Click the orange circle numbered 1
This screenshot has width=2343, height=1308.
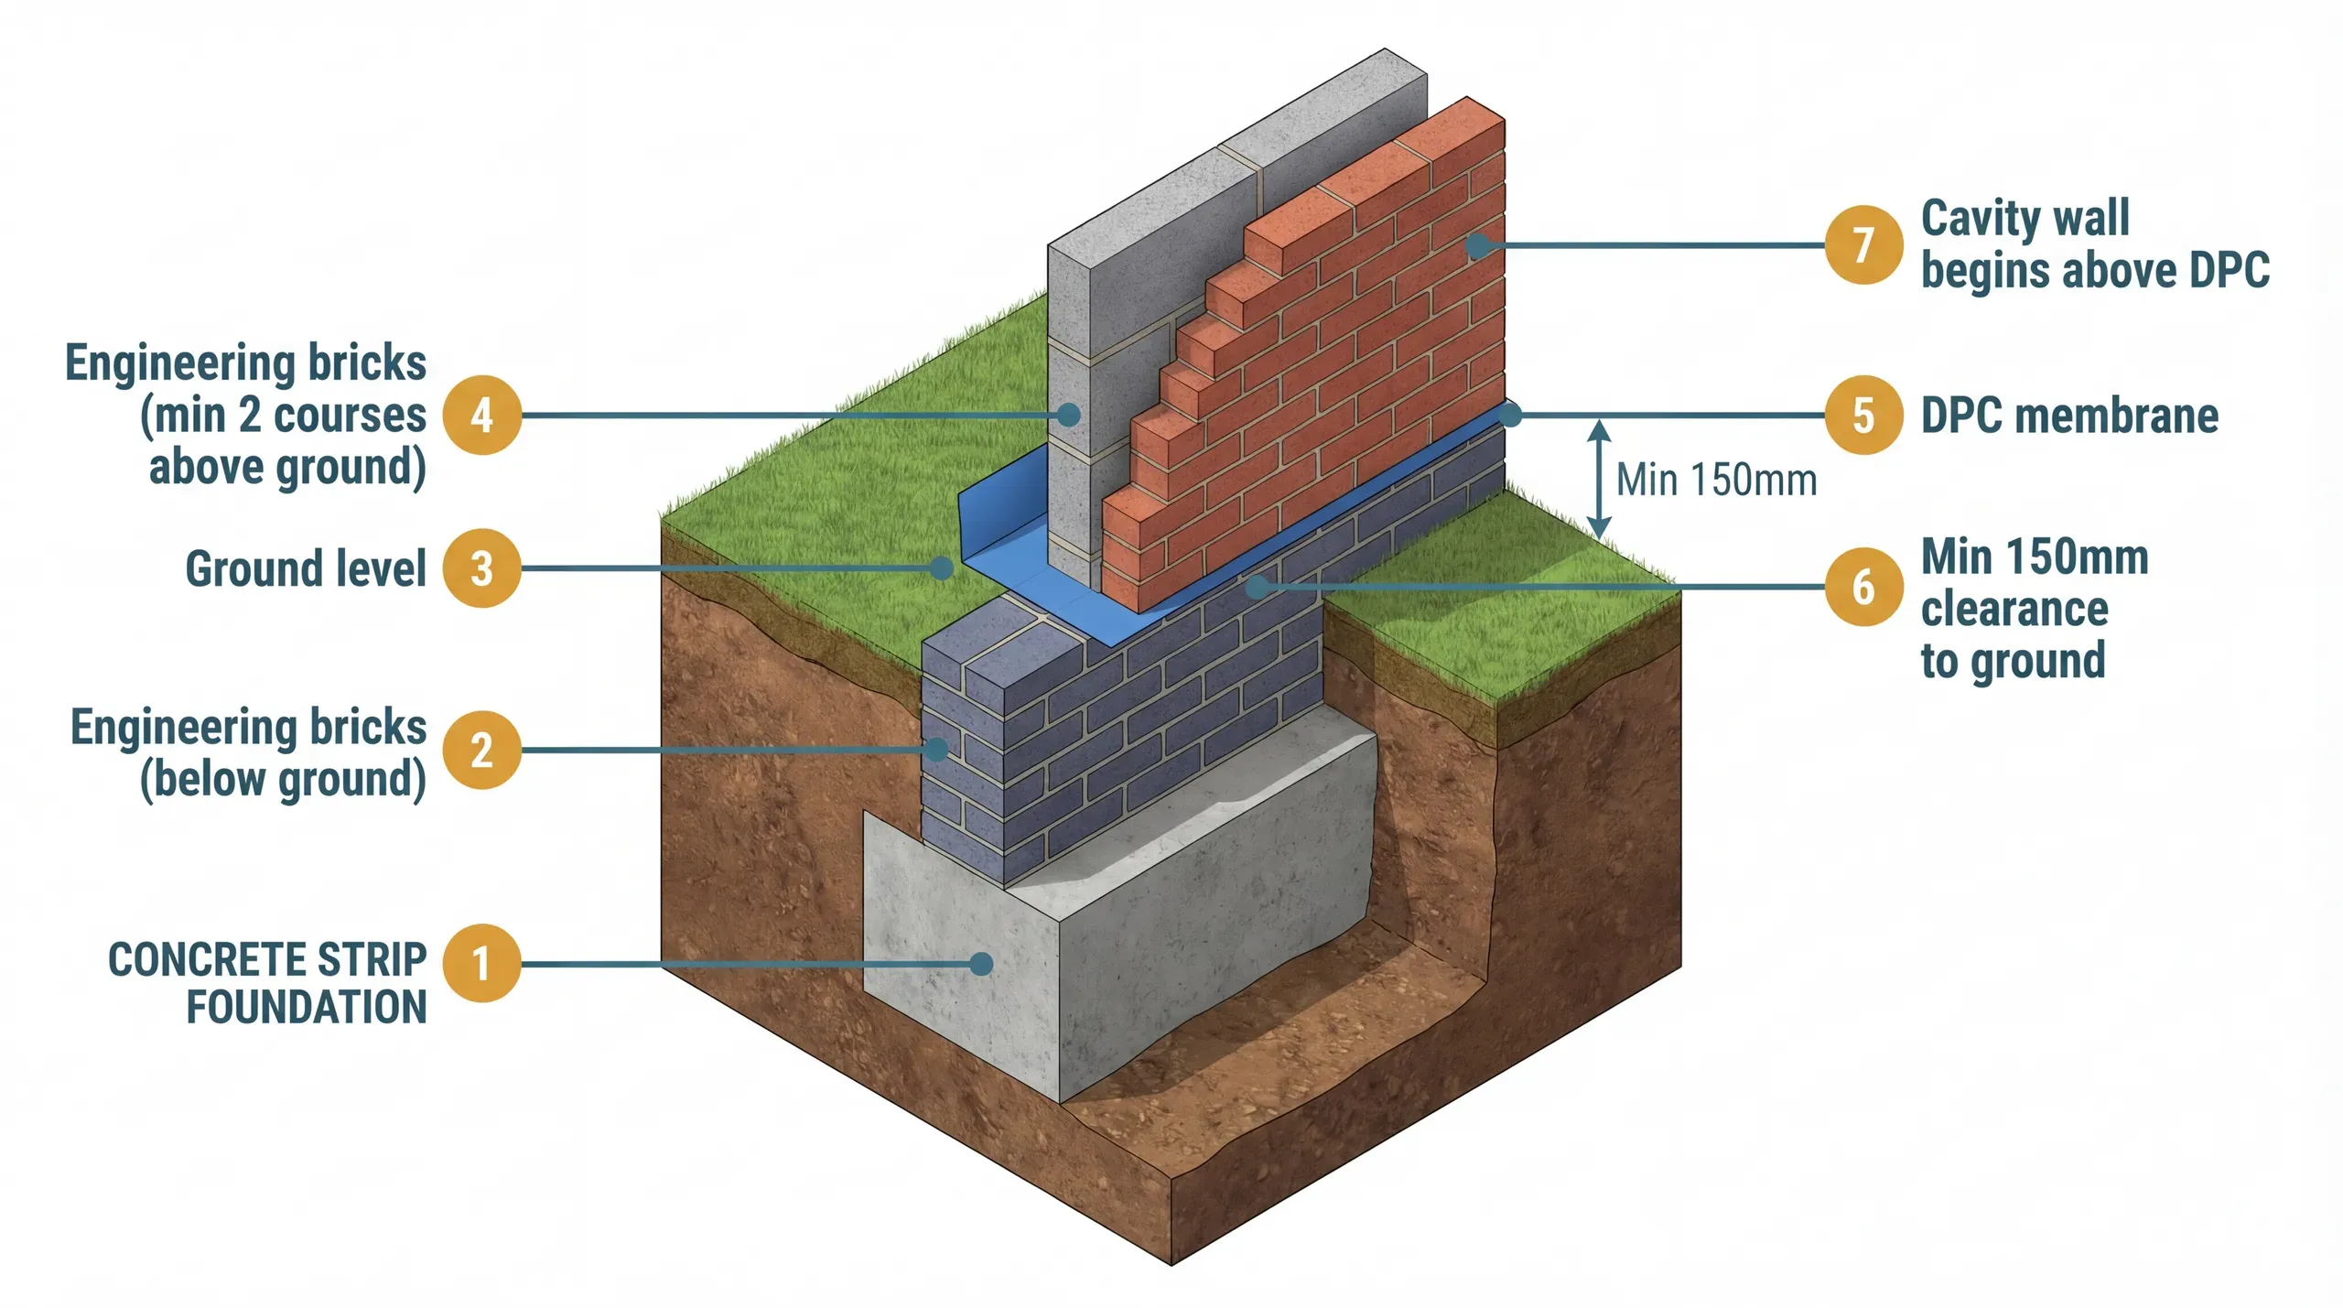coord(481,964)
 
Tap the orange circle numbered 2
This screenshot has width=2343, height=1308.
coord(481,751)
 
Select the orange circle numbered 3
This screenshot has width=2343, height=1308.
coord(481,568)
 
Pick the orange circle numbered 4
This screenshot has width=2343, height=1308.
coord(481,416)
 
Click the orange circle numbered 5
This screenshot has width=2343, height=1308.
coord(1863,416)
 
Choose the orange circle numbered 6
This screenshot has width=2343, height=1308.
coord(1863,587)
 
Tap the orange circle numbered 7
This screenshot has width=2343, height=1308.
coord(1863,245)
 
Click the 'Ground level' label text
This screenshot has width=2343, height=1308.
coord(306,568)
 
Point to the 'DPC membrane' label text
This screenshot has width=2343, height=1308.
coord(2069,416)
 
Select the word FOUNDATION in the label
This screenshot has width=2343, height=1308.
coord(307,1007)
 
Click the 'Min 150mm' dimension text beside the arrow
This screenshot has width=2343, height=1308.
coord(1716,480)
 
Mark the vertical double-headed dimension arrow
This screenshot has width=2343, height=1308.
coord(1598,479)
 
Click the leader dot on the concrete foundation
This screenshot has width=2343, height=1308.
coord(981,963)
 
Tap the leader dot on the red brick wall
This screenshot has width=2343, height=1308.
coord(1475,245)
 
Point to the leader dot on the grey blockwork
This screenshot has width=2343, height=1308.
coord(1068,415)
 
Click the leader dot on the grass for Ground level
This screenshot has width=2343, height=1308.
coord(941,568)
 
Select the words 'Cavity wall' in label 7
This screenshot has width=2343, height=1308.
coord(2024,219)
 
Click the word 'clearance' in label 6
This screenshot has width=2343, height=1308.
coord(2014,609)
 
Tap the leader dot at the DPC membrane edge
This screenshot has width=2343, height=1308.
coord(1510,415)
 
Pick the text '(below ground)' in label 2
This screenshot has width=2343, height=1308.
coord(283,780)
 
